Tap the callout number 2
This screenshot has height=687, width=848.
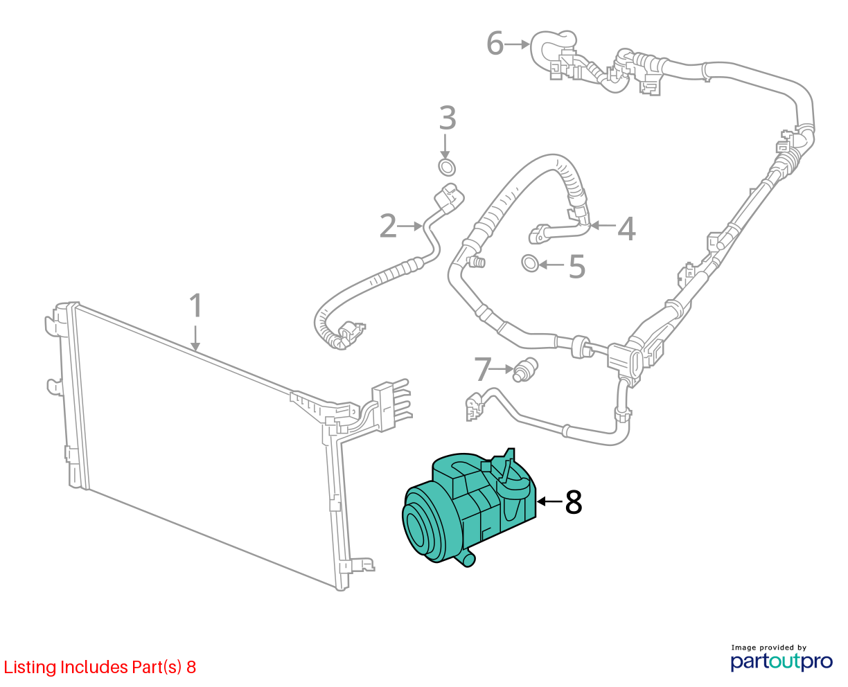(x=388, y=226)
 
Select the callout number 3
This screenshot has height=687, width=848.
(x=448, y=118)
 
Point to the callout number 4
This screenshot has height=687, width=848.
(x=626, y=229)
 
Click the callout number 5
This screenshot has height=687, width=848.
(x=577, y=267)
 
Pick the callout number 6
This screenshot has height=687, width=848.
(x=495, y=43)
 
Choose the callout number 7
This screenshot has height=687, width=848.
(x=483, y=369)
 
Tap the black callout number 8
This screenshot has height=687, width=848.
(x=574, y=501)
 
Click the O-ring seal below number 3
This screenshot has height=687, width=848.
(x=447, y=168)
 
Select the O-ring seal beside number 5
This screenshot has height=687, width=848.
(x=530, y=262)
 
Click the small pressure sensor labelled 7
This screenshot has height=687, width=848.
(x=525, y=370)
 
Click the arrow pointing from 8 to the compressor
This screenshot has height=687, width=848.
(x=549, y=501)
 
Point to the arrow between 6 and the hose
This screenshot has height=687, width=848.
(x=517, y=44)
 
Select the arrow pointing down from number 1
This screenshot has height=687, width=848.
(x=195, y=339)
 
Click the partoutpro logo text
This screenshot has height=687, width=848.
(x=781, y=662)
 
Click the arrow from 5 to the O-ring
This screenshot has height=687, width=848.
(x=551, y=265)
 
